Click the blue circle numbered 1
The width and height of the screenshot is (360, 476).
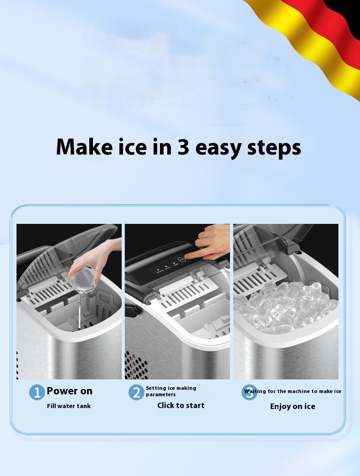(37, 392)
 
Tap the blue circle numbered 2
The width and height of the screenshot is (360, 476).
(136, 392)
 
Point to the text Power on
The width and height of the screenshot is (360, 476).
(69, 391)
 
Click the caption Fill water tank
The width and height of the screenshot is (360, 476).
(68, 406)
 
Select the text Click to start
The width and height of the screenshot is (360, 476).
(181, 405)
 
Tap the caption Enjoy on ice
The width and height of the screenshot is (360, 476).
(293, 407)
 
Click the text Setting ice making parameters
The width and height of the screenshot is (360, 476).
(171, 391)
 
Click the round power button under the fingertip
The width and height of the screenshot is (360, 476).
(181, 259)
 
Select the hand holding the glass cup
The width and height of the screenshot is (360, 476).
(94, 258)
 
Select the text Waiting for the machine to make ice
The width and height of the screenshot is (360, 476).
(293, 391)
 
